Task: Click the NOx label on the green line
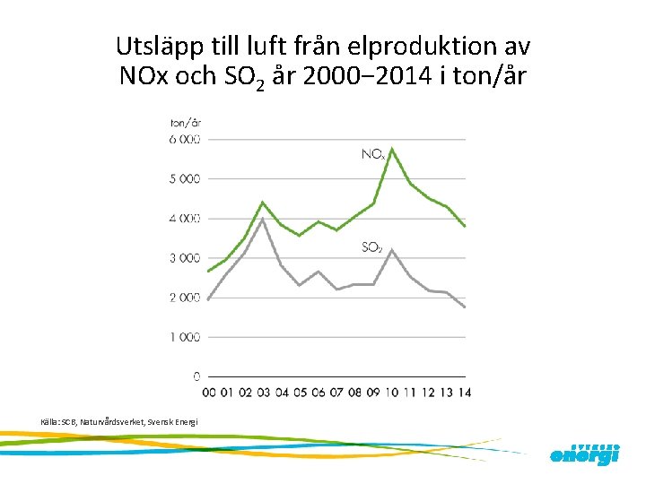point(373,154)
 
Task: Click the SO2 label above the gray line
point(372,246)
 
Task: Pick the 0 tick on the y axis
point(196,376)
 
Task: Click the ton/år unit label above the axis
point(186,122)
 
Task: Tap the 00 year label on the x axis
point(207,392)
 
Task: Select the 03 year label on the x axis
point(262,392)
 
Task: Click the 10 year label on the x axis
point(391,392)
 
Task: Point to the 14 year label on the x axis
point(465,392)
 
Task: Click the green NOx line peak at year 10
point(392,149)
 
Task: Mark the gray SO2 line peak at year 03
point(262,219)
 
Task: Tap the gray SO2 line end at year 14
point(465,307)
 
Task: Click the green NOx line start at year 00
point(207,272)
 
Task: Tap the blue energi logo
point(584,454)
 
